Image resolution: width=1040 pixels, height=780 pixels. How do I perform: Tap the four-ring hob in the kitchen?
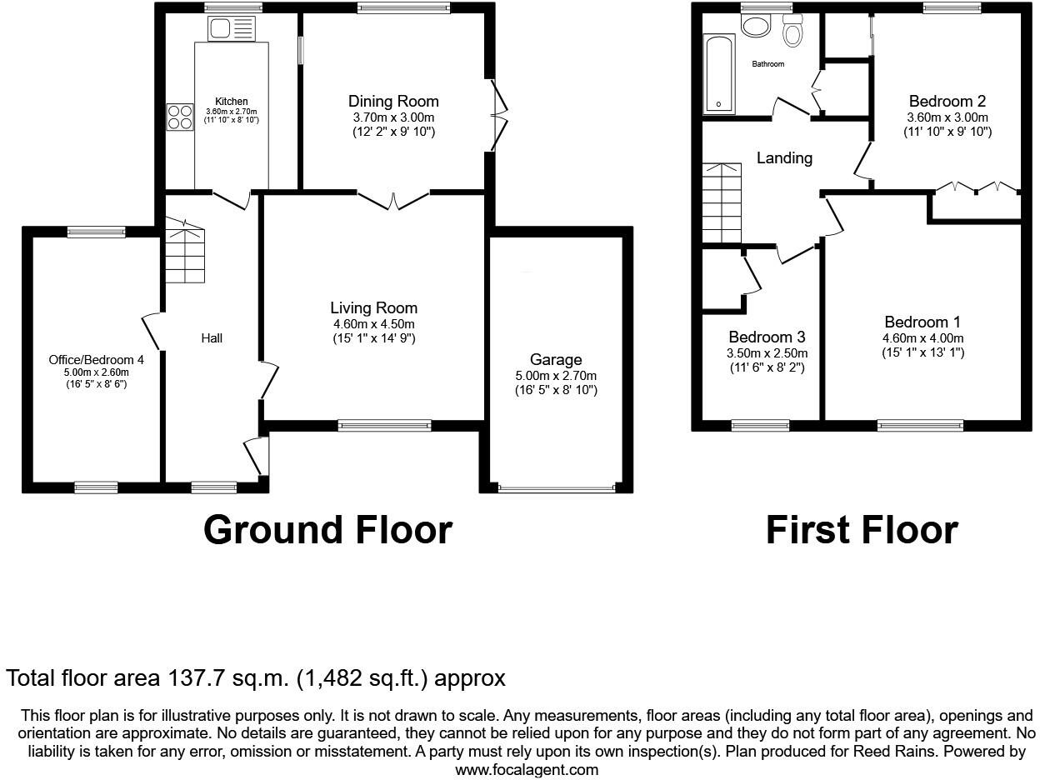(179, 117)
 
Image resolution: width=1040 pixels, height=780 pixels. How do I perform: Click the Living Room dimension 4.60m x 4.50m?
(373, 324)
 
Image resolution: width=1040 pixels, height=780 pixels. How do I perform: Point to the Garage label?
(556, 360)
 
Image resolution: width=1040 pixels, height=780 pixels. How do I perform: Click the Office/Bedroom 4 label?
(96, 360)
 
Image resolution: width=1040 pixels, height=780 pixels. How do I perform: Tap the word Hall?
(212, 338)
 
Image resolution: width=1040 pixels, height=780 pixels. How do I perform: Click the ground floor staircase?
(184, 255)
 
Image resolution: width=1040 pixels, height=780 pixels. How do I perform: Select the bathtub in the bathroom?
(718, 73)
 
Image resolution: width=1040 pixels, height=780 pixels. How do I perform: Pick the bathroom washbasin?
(757, 27)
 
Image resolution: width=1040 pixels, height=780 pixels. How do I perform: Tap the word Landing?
(784, 157)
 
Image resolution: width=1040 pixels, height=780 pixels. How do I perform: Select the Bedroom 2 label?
(947, 102)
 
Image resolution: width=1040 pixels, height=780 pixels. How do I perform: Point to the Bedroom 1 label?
(922, 322)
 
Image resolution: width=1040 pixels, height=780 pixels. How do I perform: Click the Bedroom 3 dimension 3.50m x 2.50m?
(767, 353)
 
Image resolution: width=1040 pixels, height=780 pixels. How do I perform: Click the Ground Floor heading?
(327, 530)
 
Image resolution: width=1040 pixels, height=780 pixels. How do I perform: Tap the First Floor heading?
(862, 530)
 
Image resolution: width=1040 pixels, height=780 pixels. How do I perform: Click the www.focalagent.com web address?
(527, 770)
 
